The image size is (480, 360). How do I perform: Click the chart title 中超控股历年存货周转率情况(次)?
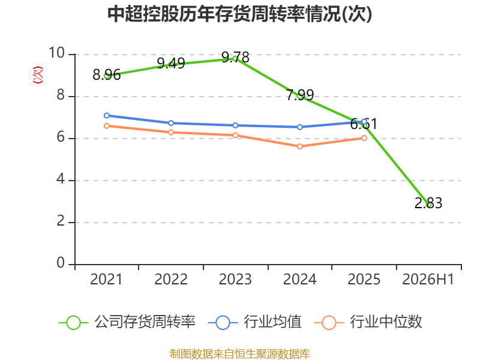[x=239, y=14]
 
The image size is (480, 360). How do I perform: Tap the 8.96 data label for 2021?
[x=107, y=75]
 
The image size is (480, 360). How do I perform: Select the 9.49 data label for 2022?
[x=171, y=64]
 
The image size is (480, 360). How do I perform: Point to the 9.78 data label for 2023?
[x=235, y=57]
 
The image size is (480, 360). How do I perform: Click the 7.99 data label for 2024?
[x=299, y=95]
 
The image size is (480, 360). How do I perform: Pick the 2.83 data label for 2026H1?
[x=428, y=203]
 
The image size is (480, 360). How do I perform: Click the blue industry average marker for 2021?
[x=107, y=115]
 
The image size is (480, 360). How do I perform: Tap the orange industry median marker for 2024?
[x=299, y=146]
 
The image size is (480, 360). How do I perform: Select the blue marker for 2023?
[x=235, y=125]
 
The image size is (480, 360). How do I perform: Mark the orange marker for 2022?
[x=171, y=132]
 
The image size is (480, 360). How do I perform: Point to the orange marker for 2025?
[x=364, y=138]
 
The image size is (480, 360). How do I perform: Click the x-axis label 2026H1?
[x=428, y=279]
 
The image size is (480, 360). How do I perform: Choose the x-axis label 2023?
[x=235, y=279]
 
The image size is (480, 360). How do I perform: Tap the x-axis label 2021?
[x=107, y=279]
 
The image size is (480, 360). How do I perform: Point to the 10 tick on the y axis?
[x=56, y=53]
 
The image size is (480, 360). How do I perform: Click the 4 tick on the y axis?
[x=61, y=179]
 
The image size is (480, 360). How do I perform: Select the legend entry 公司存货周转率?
[x=127, y=322]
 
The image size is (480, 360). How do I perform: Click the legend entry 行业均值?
[x=254, y=322]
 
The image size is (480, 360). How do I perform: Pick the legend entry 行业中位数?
[x=368, y=322]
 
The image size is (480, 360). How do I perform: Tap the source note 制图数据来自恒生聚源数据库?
[x=240, y=354]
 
